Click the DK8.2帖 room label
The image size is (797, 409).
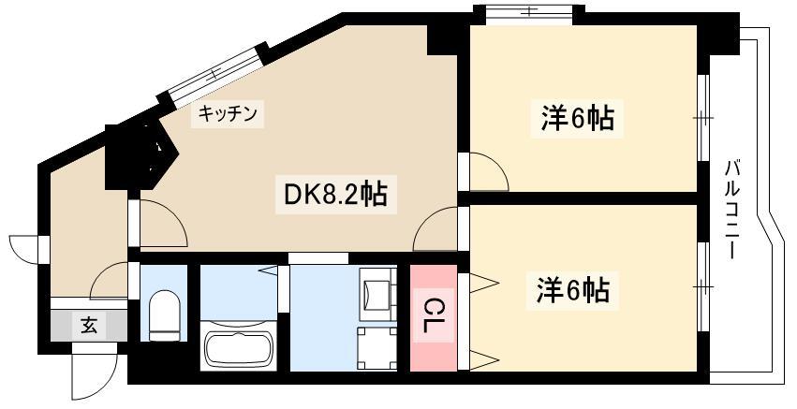(335, 195)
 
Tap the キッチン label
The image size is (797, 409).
(228, 114)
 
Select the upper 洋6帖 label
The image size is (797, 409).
(577, 118)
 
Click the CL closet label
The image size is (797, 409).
(433, 315)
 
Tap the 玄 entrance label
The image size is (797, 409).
(88, 325)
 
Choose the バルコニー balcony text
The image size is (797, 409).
(732, 210)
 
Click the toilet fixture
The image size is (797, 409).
(164, 315)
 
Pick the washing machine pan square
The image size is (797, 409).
(377, 348)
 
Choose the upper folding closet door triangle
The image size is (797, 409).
(484, 283)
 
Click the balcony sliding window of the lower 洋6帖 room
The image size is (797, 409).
(703, 287)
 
